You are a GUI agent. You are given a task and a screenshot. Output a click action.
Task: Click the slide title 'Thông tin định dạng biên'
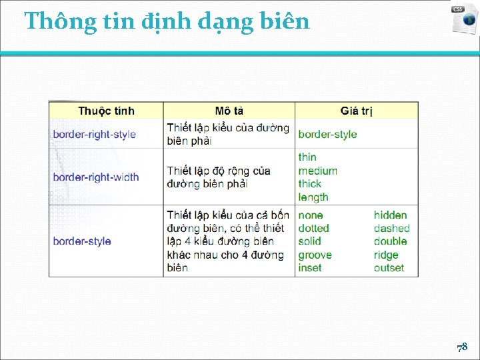167,21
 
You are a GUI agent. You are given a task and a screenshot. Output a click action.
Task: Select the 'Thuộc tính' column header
106,111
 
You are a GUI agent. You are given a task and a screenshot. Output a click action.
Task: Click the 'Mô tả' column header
229,111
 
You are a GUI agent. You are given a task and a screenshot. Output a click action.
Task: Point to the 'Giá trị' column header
357,111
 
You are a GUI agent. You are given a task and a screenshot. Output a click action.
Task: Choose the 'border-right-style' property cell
94,134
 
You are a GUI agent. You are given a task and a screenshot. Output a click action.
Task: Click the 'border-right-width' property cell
96,177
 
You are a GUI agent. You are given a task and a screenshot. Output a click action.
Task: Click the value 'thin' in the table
307,157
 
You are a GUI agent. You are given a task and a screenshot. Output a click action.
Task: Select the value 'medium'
318,170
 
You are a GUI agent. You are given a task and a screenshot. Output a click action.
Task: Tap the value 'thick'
310,183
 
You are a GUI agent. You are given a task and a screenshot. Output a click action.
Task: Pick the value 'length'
313,197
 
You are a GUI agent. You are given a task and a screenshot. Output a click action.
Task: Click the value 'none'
311,215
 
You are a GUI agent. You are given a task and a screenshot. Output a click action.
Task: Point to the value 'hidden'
390,215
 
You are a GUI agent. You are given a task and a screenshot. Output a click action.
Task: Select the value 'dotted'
313,228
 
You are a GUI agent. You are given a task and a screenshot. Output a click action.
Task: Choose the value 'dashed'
391,228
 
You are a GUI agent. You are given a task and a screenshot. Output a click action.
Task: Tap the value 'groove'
315,255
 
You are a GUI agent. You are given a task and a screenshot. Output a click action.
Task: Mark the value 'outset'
389,268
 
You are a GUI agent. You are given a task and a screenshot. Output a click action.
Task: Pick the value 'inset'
310,268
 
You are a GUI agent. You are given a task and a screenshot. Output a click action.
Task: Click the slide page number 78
462,347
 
